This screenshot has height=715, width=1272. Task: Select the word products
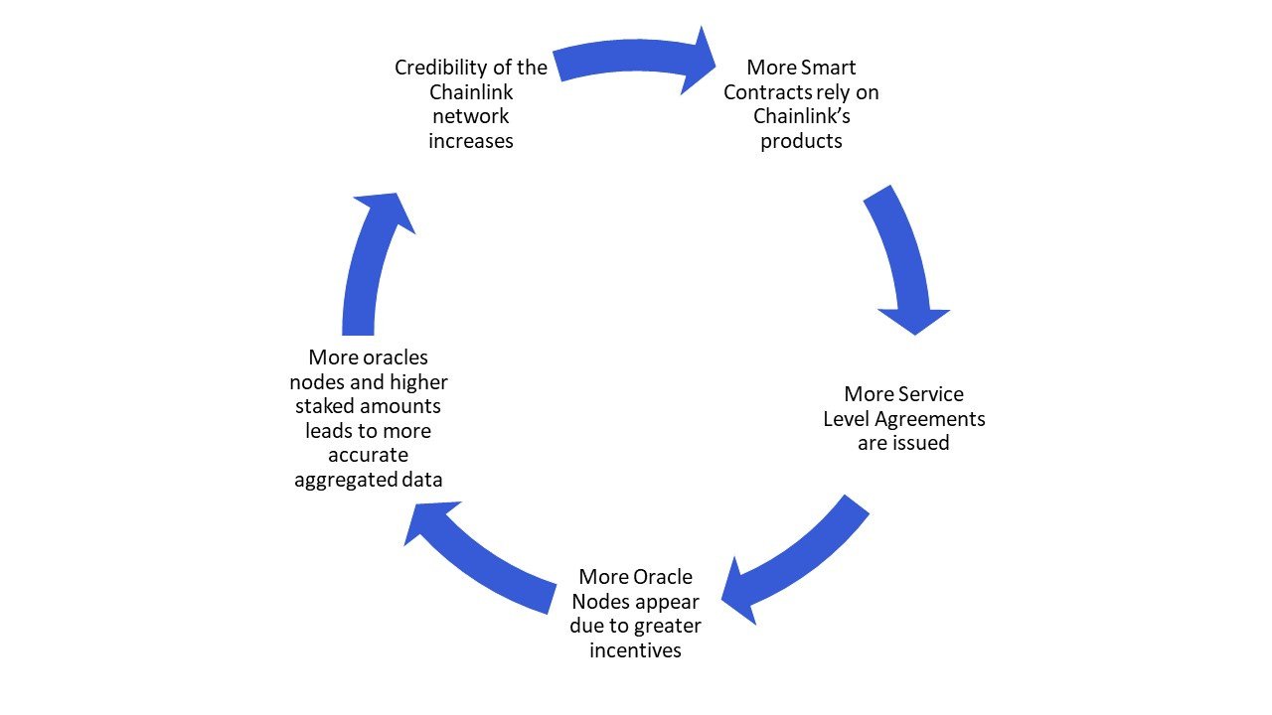(x=801, y=141)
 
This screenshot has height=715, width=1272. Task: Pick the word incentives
(x=635, y=650)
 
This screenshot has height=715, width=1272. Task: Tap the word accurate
(x=369, y=455)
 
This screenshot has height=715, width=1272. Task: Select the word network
(x=470, y=116)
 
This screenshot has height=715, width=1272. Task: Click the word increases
(x=471, y=141)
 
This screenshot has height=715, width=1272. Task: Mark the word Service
(x=931, y=394)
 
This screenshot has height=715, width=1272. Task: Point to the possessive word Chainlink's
(x=803, y=116)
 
